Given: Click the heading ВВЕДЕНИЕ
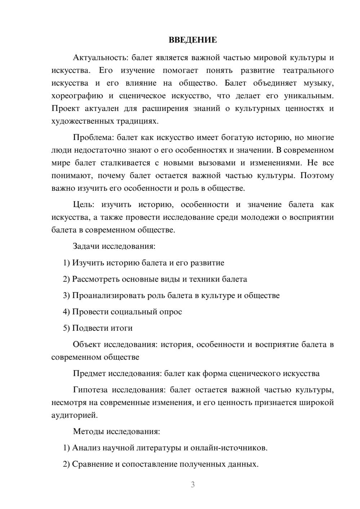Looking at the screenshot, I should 193,40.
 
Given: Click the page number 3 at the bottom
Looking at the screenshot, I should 193,485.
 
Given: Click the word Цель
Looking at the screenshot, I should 83,204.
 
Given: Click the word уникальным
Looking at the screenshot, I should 309,96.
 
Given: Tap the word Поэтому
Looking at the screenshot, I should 317,176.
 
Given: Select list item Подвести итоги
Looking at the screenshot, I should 102,328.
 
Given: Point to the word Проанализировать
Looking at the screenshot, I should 108,296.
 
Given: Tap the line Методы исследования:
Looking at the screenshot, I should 116,431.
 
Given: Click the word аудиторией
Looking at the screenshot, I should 75,415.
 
